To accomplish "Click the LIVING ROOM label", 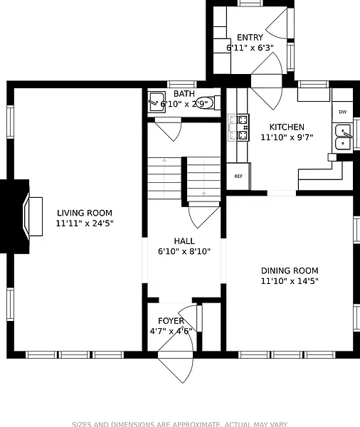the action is [x=85, y=213].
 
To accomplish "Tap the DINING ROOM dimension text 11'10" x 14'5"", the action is [x=290, y=281].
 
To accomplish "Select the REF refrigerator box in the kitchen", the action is [x=238, y=176].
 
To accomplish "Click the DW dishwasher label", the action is [x=343, y=112].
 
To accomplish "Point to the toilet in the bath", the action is [x=208, y=102].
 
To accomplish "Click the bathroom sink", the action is [x=157, y=102].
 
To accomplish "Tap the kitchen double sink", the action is [x=343, y=137].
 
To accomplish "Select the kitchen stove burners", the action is [x=243, y=127].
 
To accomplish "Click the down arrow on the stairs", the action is [x=203, y=177].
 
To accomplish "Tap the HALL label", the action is [x=184, y=241].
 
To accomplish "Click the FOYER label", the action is [x=171, y=321].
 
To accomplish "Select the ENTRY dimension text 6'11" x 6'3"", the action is [x=250, y=48].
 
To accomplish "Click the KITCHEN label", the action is [x=287, y=127].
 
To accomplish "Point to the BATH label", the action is [x=184, y=94].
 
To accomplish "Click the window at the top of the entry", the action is [x=250, y=4].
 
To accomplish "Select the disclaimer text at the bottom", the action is [x=180, y=424].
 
